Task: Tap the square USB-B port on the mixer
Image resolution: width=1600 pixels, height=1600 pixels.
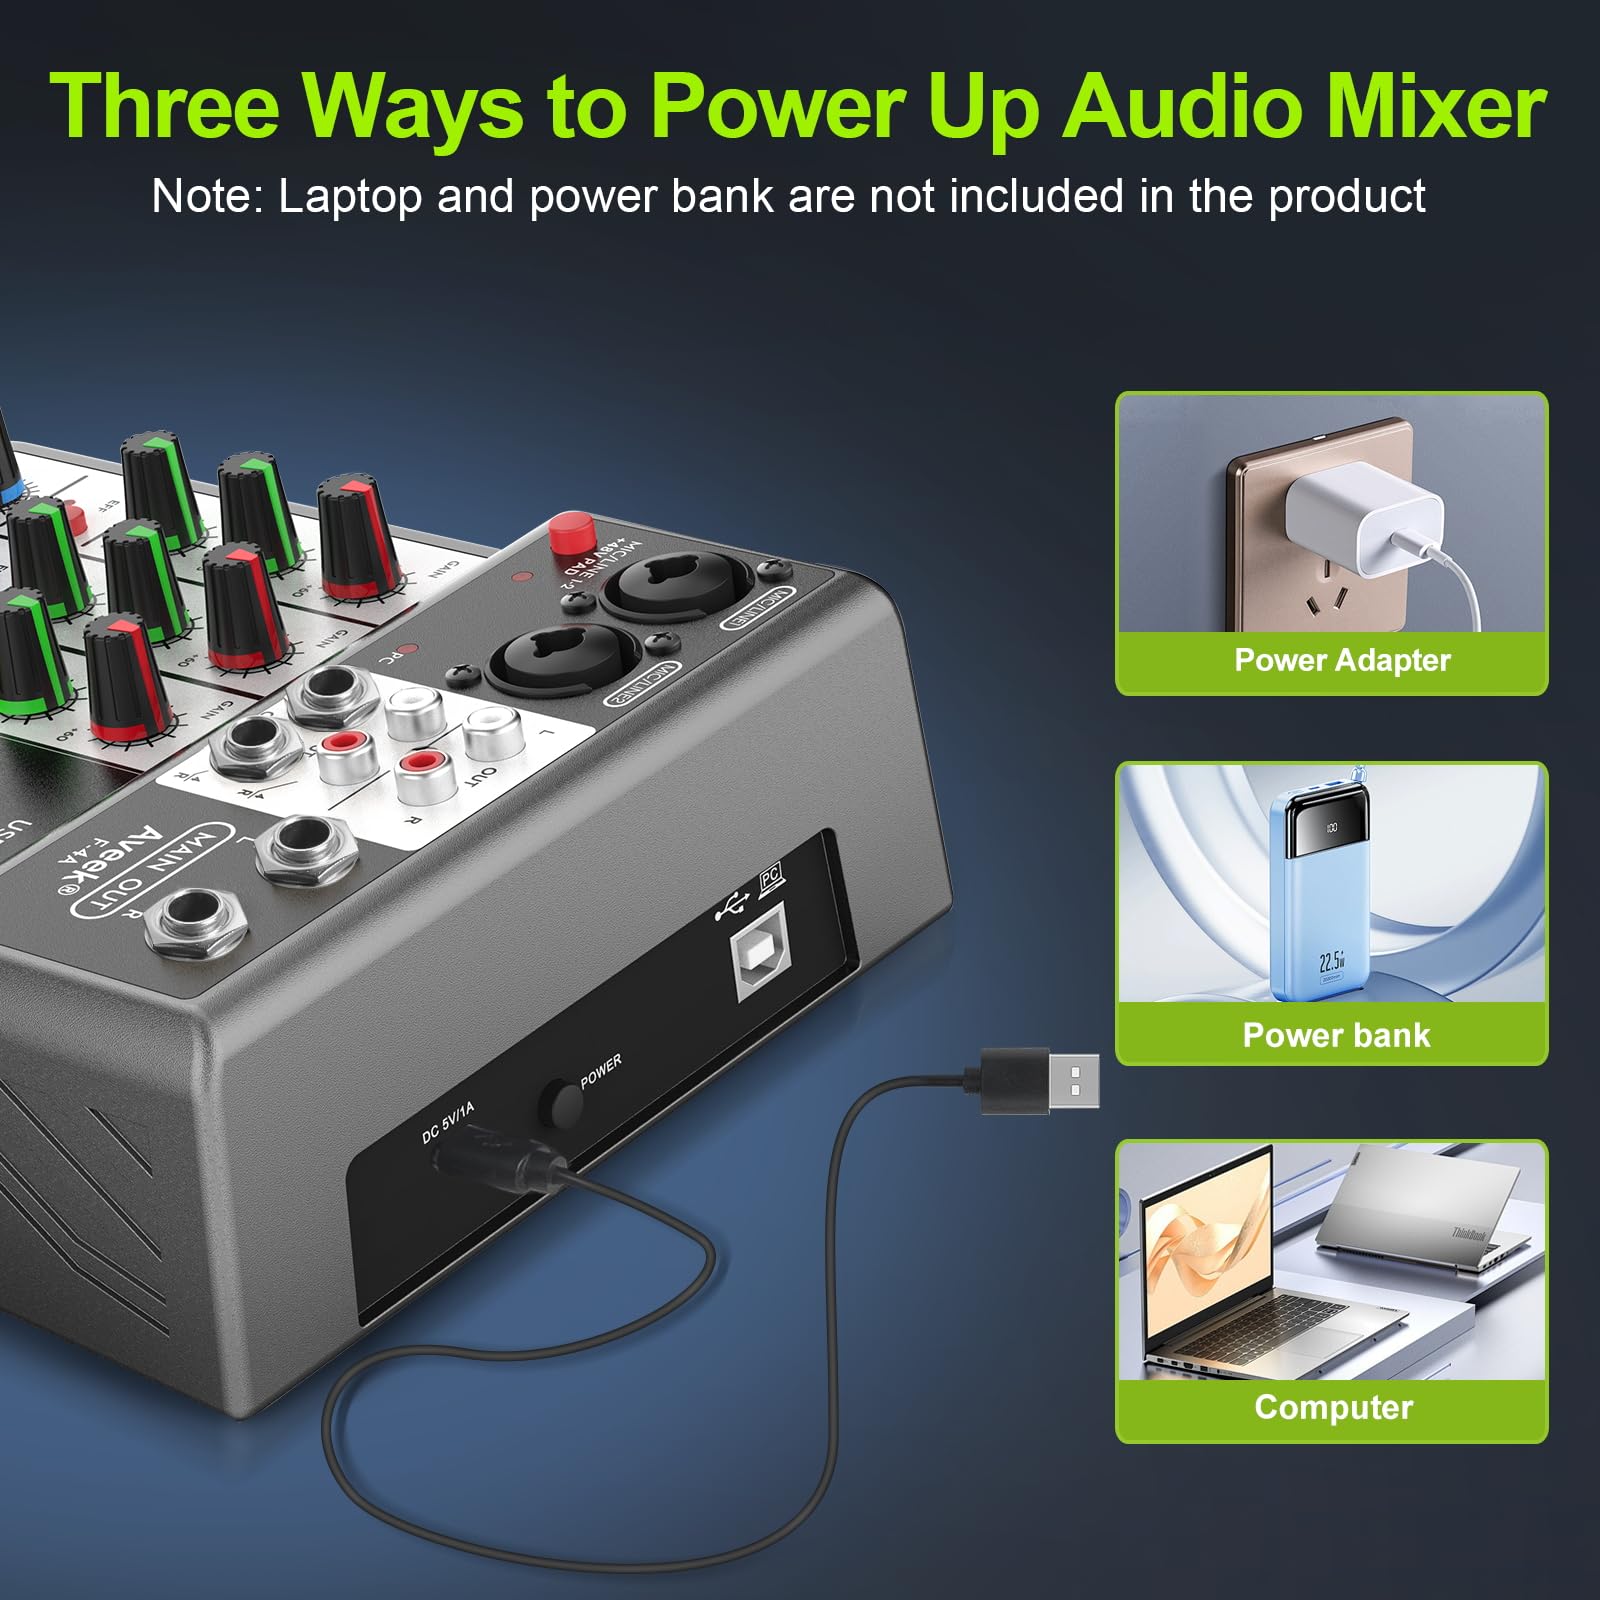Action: coord(763,961)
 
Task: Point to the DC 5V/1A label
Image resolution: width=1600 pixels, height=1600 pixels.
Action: coord(448,1122)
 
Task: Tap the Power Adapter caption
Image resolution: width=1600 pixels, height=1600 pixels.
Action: coord(1342,660)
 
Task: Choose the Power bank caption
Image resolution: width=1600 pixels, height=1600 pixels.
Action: coord(1336,1035)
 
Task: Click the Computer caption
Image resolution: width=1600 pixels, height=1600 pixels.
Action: coord(1333,1407)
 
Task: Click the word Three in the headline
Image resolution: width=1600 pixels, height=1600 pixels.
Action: coord(165,107)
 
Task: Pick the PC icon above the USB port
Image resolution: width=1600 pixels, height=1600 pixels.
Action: coord(771,879)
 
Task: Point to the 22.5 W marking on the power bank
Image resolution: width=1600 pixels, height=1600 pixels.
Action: coord(1331,962)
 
